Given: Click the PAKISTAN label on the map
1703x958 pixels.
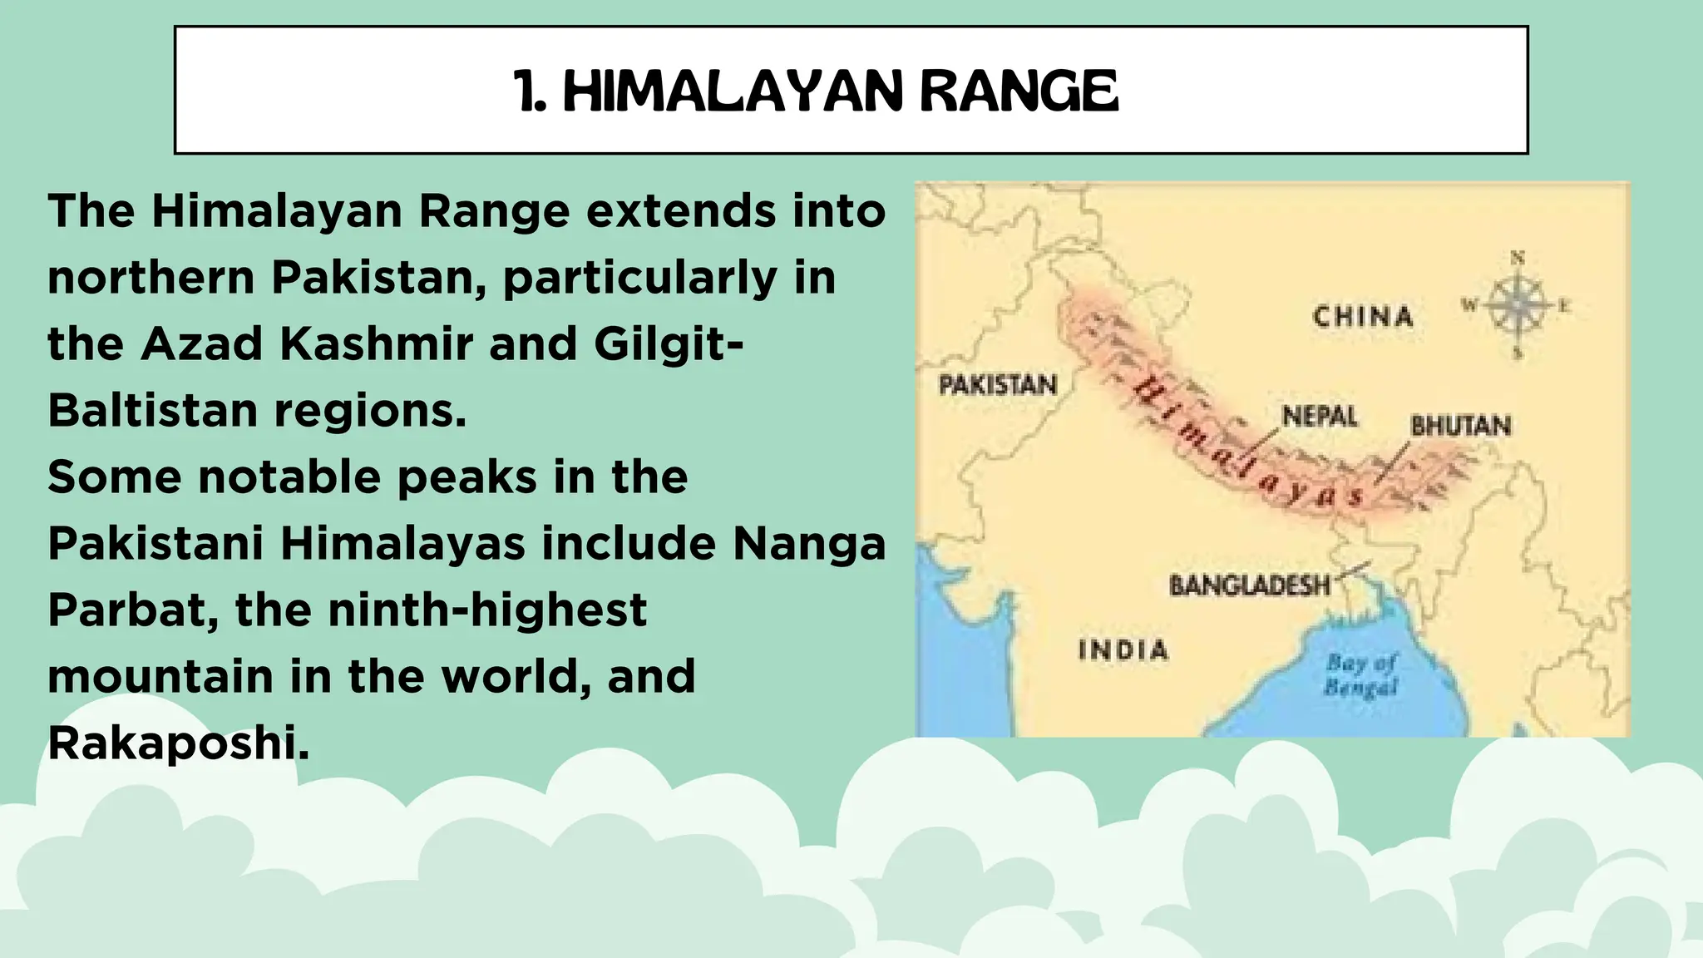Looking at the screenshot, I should click(998, 385).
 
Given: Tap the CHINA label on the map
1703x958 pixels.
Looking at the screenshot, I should click(1363, 317).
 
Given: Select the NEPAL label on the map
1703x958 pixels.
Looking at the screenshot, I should click(1320, 416).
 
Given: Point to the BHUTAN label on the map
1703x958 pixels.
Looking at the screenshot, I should click(1460, 426).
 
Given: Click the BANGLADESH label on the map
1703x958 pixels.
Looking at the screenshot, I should click(1250, 585).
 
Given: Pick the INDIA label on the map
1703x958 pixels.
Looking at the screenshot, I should click(1123, 649).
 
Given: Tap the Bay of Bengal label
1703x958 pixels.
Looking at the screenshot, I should click(1361, 674).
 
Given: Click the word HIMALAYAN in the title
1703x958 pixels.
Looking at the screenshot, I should click(733, 91).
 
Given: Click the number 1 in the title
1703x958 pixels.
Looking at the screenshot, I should click(526, 91).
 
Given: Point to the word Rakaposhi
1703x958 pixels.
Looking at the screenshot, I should click(176, 743).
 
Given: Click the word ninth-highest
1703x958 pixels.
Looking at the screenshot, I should click(487, 610).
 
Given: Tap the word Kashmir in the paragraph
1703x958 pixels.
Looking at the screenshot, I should click(376, 343).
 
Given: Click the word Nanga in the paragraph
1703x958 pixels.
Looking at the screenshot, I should click(809, 544).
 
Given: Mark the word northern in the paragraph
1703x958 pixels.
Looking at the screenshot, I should click(151, 277).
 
